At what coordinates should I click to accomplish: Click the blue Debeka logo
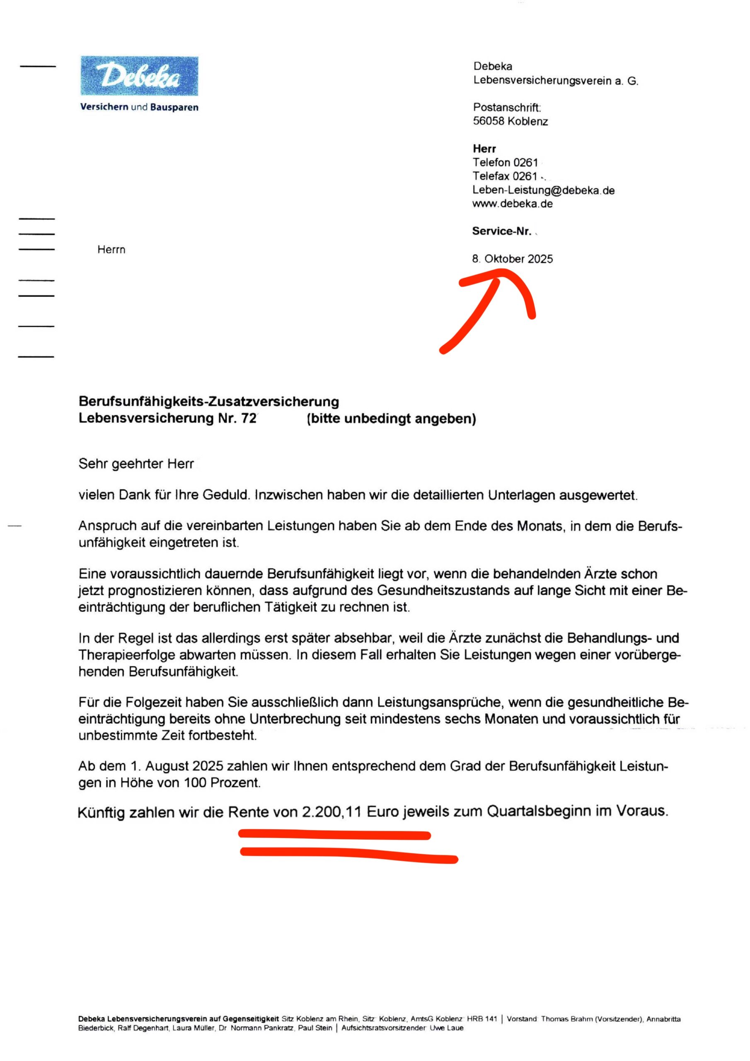click(139, 76)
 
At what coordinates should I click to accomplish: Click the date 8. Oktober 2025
click(512, 259)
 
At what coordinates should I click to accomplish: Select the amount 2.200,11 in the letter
click(331, 811)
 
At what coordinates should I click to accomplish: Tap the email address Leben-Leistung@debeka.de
click(543, 190)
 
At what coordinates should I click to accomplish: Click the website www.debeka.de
click(512, 204)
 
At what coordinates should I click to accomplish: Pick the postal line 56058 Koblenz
click(510, 121)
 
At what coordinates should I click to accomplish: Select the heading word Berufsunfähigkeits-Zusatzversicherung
click(208, 401)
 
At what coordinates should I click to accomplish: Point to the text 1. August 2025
click(177, 766)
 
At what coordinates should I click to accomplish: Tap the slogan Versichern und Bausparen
click(139, 107)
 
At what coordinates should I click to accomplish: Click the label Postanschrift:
click(506, 107)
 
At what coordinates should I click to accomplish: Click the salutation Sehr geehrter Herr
click(136, 463)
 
